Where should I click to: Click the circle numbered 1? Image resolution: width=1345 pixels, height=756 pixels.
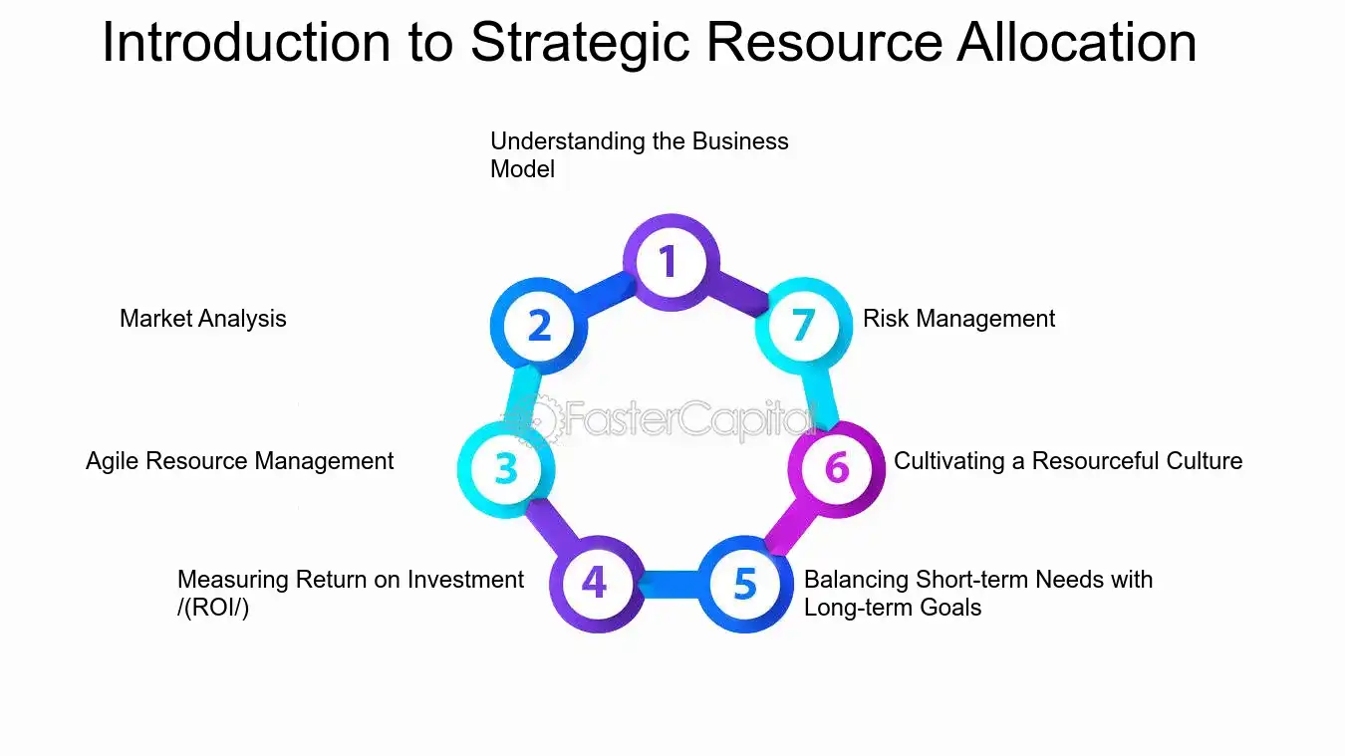pyautogui.click(x=670, y=262)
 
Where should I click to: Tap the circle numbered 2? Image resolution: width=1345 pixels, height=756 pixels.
pyautogui.click(x=538, y=326)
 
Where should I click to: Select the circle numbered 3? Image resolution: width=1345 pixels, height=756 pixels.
pyautogui.click(x=505, y=468)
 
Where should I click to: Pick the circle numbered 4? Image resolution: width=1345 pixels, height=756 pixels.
pyautogui.click(x=595, y=583)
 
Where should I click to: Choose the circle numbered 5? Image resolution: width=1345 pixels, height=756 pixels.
pyautogui.click(x=744, y=584)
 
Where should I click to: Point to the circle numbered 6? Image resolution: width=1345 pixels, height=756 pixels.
pyautogui.click(x=836, y=467)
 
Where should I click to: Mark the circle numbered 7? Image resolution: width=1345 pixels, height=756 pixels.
pyautogui.click(x=803, y=326)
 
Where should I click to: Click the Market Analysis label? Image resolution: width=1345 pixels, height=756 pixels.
pyautogui.click(x=203, y=319)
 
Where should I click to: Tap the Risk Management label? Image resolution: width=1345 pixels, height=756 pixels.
pyautogui.click(x=958, y=319)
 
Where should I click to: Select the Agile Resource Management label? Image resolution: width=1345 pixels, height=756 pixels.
pyautogui.click(x=239, y=461)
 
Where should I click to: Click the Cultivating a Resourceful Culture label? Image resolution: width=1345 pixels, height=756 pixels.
pyautogui.click(x=1068, y=461)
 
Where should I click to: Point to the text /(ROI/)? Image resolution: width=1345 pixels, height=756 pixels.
pyautogui.click(x=213, y=608)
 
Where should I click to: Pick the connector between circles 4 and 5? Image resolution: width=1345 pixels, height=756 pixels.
pyautogui.click(x=670, y=584)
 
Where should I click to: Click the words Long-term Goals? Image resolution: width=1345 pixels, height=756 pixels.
pyautogui.click(x=893, y=608)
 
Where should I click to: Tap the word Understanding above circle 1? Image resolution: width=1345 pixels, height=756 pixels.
pyautogui.click(x=568, y=141)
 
